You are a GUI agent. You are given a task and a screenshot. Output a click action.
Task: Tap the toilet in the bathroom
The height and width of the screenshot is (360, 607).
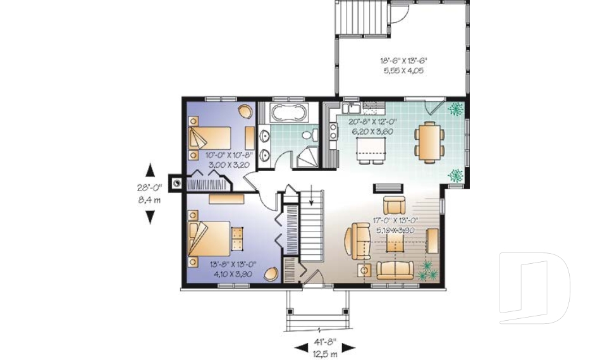point(310,135)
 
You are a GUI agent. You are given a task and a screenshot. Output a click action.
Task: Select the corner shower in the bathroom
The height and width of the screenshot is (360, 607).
point(307,158)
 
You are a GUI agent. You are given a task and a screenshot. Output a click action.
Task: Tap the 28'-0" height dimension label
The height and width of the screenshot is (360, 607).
point(150,187)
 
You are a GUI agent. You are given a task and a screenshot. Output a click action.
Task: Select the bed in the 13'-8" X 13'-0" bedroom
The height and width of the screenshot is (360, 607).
point(208,241)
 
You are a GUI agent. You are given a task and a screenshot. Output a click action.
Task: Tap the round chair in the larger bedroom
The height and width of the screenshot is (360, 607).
point(271,274)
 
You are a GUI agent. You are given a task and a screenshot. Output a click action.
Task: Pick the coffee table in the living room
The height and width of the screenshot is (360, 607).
point(395,244)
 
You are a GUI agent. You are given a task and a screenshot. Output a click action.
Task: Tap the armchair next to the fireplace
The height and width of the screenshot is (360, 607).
point(395,205)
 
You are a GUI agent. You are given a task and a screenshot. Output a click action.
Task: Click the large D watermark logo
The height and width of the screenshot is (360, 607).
point(534,288)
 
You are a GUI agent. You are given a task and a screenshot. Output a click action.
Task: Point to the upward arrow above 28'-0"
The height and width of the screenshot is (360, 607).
point(150,170)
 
